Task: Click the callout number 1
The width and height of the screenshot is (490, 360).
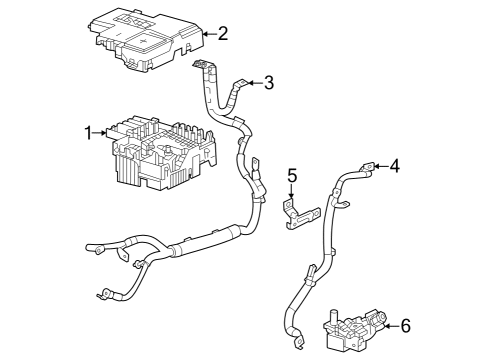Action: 89,131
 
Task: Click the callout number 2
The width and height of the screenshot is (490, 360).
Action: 222,33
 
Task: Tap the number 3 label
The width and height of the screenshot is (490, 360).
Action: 268,83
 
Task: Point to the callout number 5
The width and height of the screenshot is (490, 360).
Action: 293,176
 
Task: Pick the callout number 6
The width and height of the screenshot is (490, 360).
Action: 405,325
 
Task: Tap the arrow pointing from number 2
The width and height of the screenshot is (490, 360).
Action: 207,33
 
